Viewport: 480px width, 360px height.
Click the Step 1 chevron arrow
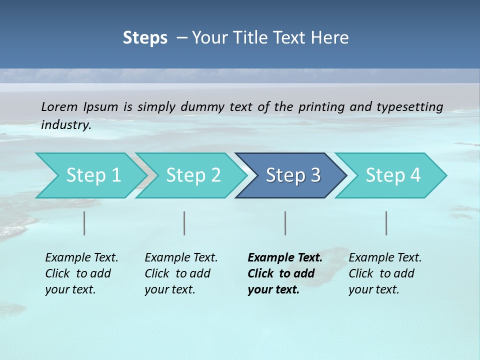click(93, 175)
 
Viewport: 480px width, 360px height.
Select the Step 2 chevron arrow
click(193, 175)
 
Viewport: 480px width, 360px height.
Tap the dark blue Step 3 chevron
click(293, 175)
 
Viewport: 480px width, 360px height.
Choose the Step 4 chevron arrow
click(393, 175)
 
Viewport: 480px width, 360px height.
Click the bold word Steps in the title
click(145, 38)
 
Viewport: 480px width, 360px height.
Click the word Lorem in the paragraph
click(59, 106)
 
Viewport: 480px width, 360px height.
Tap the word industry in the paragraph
click(65, 124)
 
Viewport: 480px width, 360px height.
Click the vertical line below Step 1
click(84, 223)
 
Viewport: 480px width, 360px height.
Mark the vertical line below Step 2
click(184, 223)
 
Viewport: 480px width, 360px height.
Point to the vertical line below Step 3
click(285, 223)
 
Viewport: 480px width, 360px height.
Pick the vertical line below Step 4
click(386, 223)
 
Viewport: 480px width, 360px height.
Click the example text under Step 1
click(81, 273)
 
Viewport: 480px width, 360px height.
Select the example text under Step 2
click(181, 273)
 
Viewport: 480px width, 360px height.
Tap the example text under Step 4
click(385, 273)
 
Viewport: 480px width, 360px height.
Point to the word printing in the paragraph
click(321, 106)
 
